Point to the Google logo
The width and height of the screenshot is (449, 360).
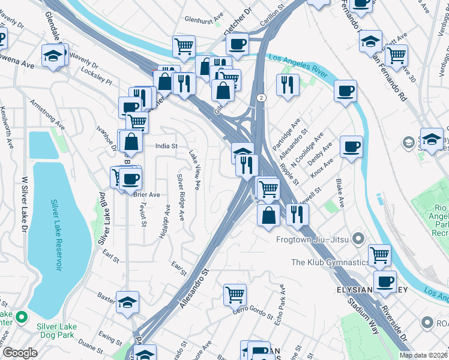click(19, 353)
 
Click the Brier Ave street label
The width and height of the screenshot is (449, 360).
click(146, 195)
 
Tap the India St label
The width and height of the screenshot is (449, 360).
click(166, 146)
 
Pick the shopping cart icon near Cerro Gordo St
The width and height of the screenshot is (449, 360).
click(235, 294)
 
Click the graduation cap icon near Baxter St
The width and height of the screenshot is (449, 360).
click(127, 303)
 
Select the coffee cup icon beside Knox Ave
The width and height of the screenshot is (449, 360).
click(351, 146)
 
